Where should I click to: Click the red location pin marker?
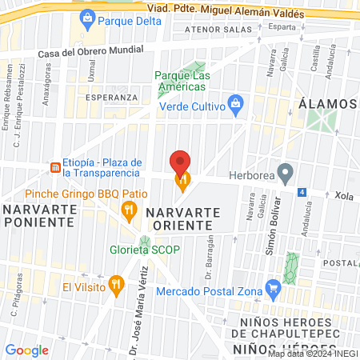click(x=181, y=163)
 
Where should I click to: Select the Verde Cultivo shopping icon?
click(x=236, y=102)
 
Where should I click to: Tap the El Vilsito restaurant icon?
click(x=117, y=283)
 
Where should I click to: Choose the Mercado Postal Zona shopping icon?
click(x=273, y=287)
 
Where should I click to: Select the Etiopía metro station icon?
click(x=54, y=167)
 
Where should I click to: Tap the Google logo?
click(x=26, y=350)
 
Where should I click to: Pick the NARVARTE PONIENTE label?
click(x=40, y=215)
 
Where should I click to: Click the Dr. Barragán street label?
click(x=210, y=254)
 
